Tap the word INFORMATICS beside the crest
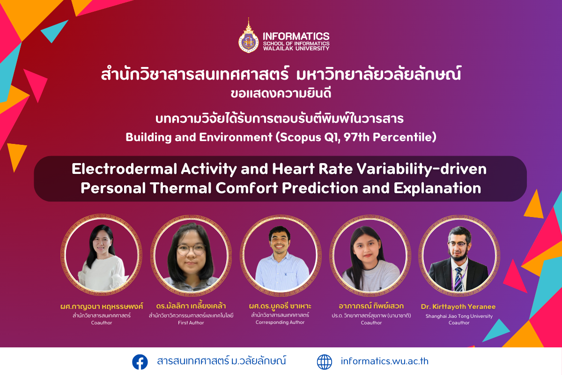tap(296, 36)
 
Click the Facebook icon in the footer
tap(140, 362)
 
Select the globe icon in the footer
tap(325, 362)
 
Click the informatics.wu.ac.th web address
tap(385, 361)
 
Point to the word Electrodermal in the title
tap(125, 169)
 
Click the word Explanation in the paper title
tap(437, 188)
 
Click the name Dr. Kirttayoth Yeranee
tap(458, 307)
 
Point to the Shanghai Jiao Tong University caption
tap(459, 316)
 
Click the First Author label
tap(191, 323)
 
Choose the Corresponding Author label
tap(280, 322)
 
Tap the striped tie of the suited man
tap(459, 279)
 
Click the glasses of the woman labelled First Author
tap(191, 250)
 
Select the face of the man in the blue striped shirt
tap(280, 241)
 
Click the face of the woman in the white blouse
tap(102, 241)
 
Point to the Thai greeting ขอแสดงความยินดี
tap(281, 93)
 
